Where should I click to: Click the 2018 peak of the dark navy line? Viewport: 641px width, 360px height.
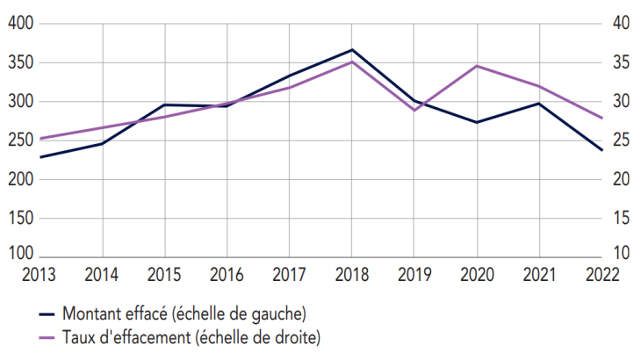[x=352, y=50]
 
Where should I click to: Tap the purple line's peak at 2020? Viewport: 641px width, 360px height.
[x=477, y=66]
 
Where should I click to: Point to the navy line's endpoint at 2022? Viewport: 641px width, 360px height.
[x=601, y=150]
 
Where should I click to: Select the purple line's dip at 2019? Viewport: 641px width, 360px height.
[x=414, y=111]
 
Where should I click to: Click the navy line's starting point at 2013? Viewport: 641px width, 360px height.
[x=40, y=157]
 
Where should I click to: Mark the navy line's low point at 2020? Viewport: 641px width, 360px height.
[x=477, y=122]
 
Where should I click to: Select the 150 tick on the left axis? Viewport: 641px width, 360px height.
[x=20, y=218]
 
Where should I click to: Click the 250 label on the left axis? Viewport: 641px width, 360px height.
[x=20, y=140]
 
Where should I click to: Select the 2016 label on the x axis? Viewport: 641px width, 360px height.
[x=227, y=273]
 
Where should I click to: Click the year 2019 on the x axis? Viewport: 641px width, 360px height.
[x=414, y=273]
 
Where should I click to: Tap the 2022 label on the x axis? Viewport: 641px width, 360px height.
[x=601, y=273]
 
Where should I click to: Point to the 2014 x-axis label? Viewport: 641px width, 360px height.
[x=103, y=273]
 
